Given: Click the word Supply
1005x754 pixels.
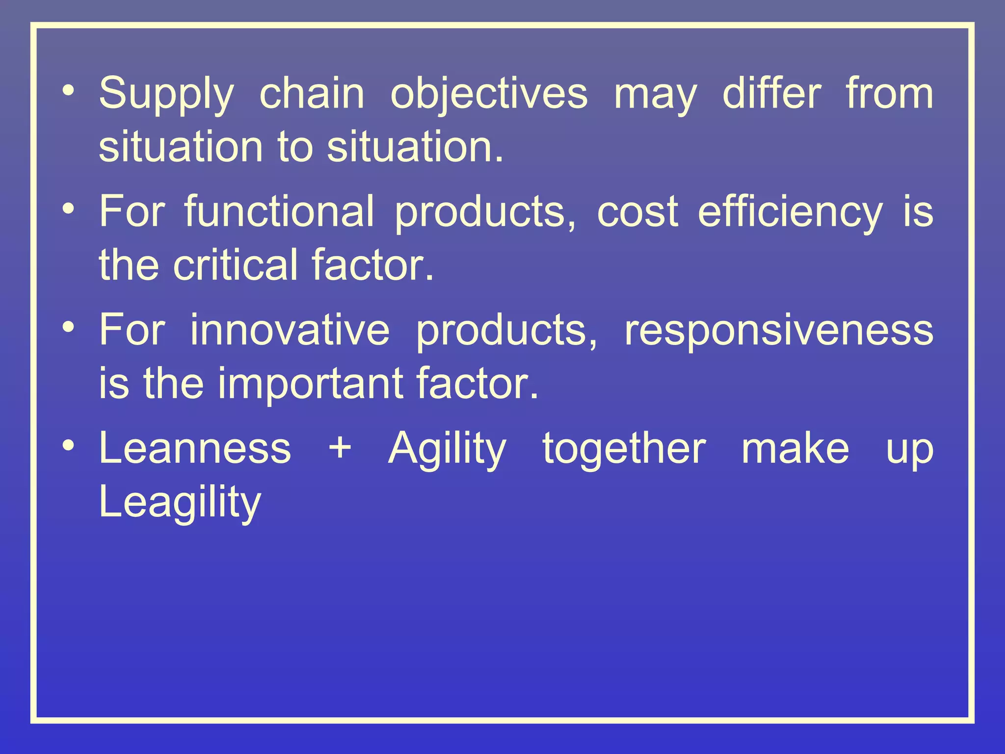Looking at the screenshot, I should coord(166,95).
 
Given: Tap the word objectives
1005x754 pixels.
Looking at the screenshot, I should coord(489,95).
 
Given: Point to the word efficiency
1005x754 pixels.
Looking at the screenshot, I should coord(790,213).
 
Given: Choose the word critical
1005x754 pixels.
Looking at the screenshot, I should coord(236,265).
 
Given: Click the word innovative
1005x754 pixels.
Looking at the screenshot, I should coord(290,330).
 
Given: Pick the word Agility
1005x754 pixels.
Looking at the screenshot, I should coord(447,449).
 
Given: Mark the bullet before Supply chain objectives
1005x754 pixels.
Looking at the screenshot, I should coord(69,91).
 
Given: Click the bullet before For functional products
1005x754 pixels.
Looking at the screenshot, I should coord(69,209).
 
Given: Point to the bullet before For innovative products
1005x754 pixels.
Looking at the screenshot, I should coord(69,327).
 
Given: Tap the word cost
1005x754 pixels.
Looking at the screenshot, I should coord(637,213).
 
